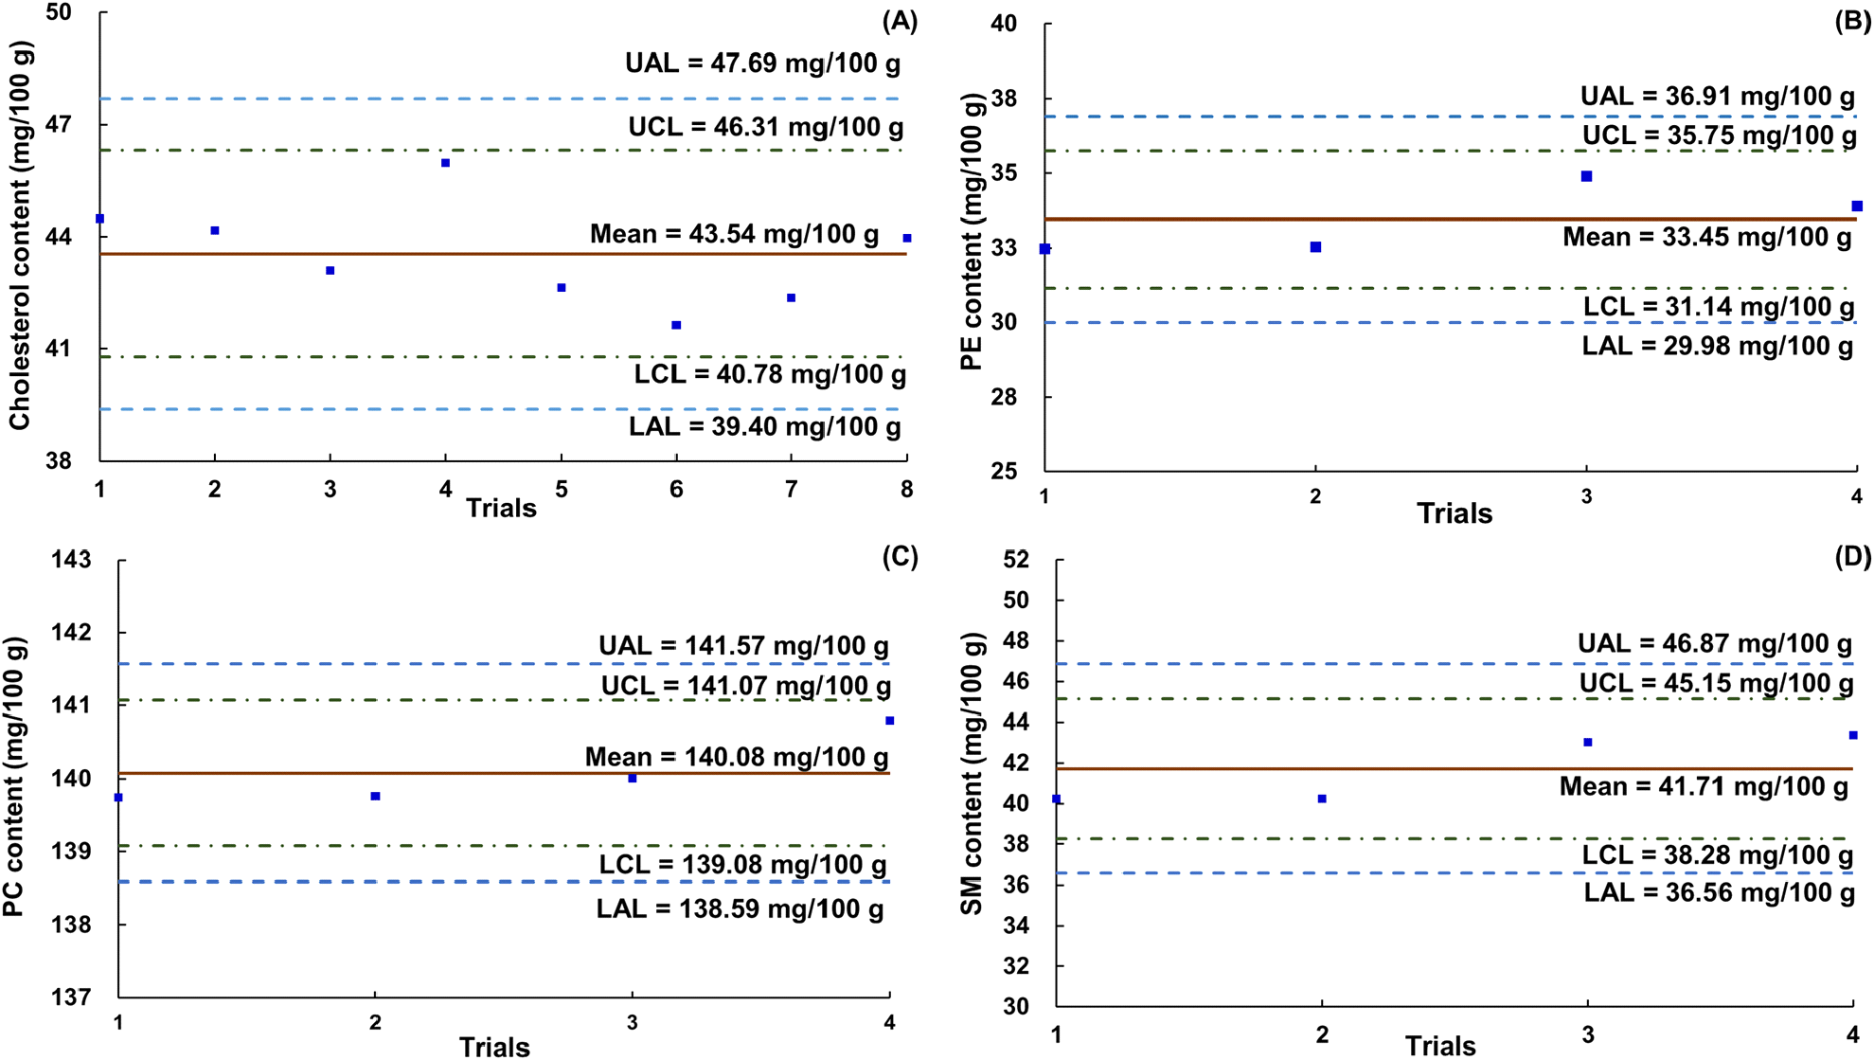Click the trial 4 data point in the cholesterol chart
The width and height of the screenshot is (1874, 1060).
click(x=446, y=163)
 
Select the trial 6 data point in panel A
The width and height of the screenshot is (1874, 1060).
click(x=676, y=325)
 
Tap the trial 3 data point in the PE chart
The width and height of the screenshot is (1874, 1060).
click(x=1587, y=176)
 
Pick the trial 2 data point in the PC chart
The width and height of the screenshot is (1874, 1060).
click(x=376, y=796)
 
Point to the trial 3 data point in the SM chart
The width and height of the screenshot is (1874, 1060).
click(x=1588, y=742)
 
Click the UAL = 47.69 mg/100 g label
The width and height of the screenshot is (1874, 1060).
click(x=763, y=63)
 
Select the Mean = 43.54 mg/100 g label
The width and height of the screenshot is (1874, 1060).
click(x=735, y=234)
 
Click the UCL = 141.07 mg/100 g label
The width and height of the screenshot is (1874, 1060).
click(x=746, y=686)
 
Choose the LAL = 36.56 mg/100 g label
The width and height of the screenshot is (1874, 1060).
click(x=1720, y=892)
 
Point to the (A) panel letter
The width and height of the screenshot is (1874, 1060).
click(x=900, y=21)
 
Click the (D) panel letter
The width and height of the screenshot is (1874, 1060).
click(x=1853, y=556)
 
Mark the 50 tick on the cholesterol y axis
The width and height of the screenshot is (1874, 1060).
click(x=59, y=12)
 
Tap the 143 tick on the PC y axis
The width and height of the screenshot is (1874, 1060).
click(x=71, y=560)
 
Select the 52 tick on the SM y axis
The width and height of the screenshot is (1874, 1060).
click(x=1016, y=560)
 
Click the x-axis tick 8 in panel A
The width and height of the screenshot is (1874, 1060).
click(x=907, y=489)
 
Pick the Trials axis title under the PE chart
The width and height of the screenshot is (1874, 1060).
click(x=1455, y=513)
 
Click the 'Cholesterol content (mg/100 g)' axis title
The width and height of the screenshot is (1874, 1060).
click(x=20, y=235)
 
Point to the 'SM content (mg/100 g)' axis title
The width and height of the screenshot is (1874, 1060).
click(x=973, y=774)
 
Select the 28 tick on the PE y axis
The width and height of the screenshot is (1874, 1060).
click(x=1004, y=397)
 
